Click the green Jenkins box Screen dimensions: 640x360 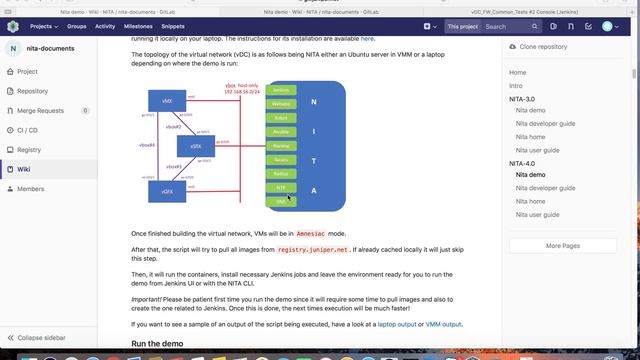tap(281, 90)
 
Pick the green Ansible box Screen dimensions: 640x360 tap(281, 132)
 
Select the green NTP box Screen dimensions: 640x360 tap(281, 187)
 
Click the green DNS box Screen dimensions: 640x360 tap(281, 201)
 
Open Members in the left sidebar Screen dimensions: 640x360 tap(31, 188)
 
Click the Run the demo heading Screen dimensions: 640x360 tap(160, 345)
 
